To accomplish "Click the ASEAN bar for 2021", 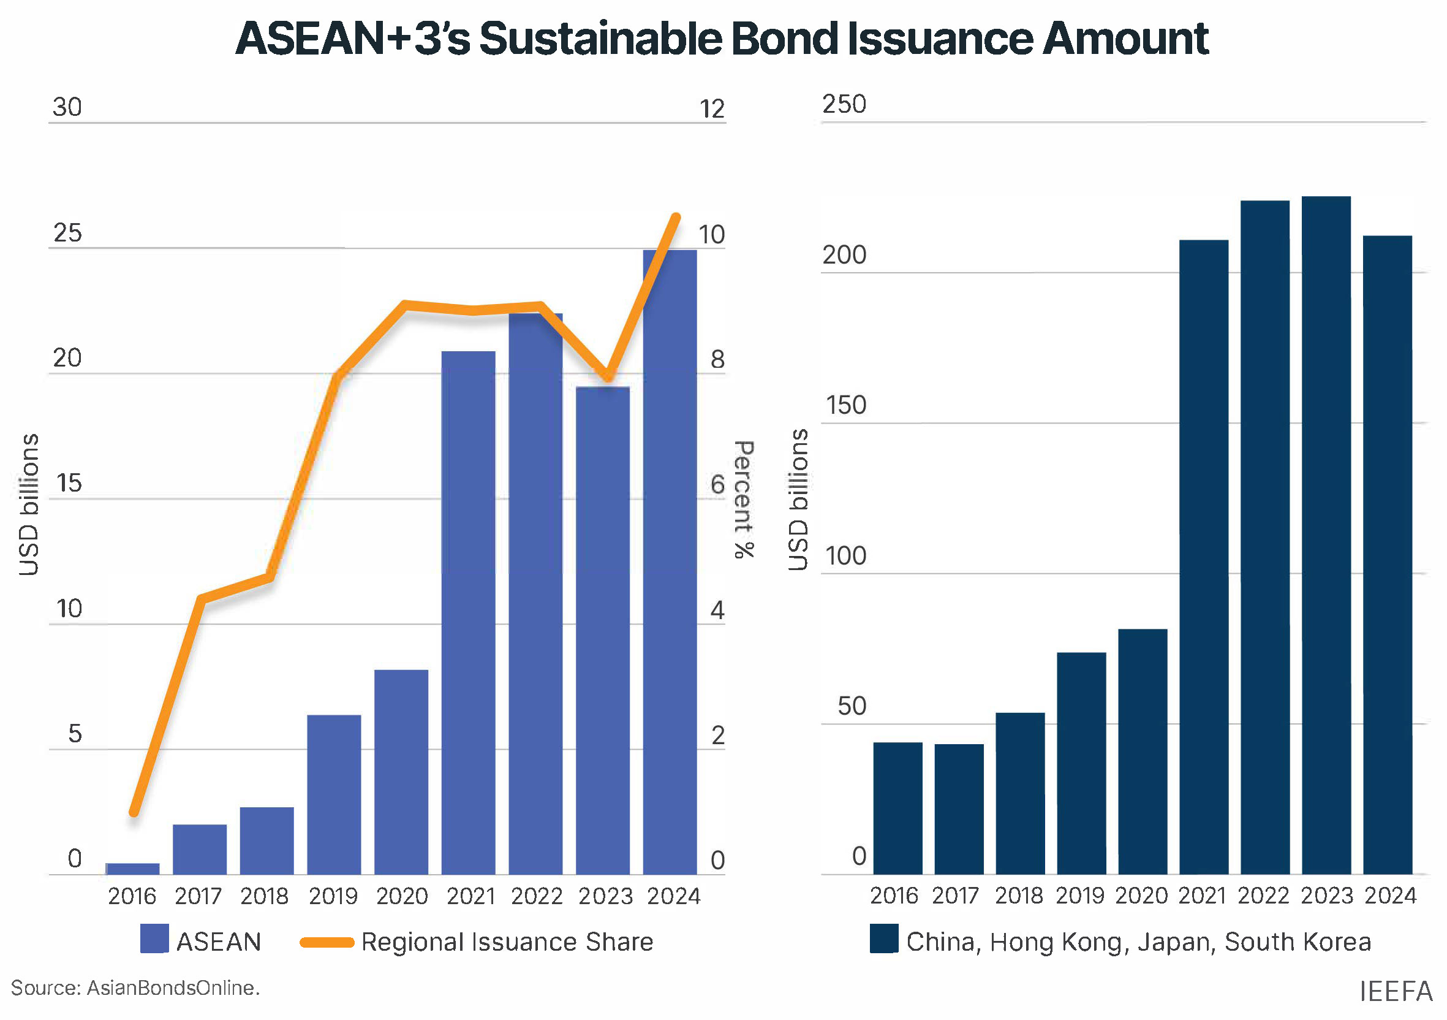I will coord(468,612).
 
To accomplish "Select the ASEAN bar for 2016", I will coord(132,868).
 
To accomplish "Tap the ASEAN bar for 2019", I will coord(334,794).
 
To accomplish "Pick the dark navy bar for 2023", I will coord(1326,536).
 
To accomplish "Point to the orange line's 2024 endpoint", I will coord(676,217).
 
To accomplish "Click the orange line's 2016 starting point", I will coord(134,813).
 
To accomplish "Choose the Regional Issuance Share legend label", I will coord(507,942).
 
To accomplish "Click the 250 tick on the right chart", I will coord(844,104).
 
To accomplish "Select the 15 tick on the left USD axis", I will coord(69,484).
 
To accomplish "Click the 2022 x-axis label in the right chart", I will coord(1264,895).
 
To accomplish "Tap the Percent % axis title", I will coord(744,500).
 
